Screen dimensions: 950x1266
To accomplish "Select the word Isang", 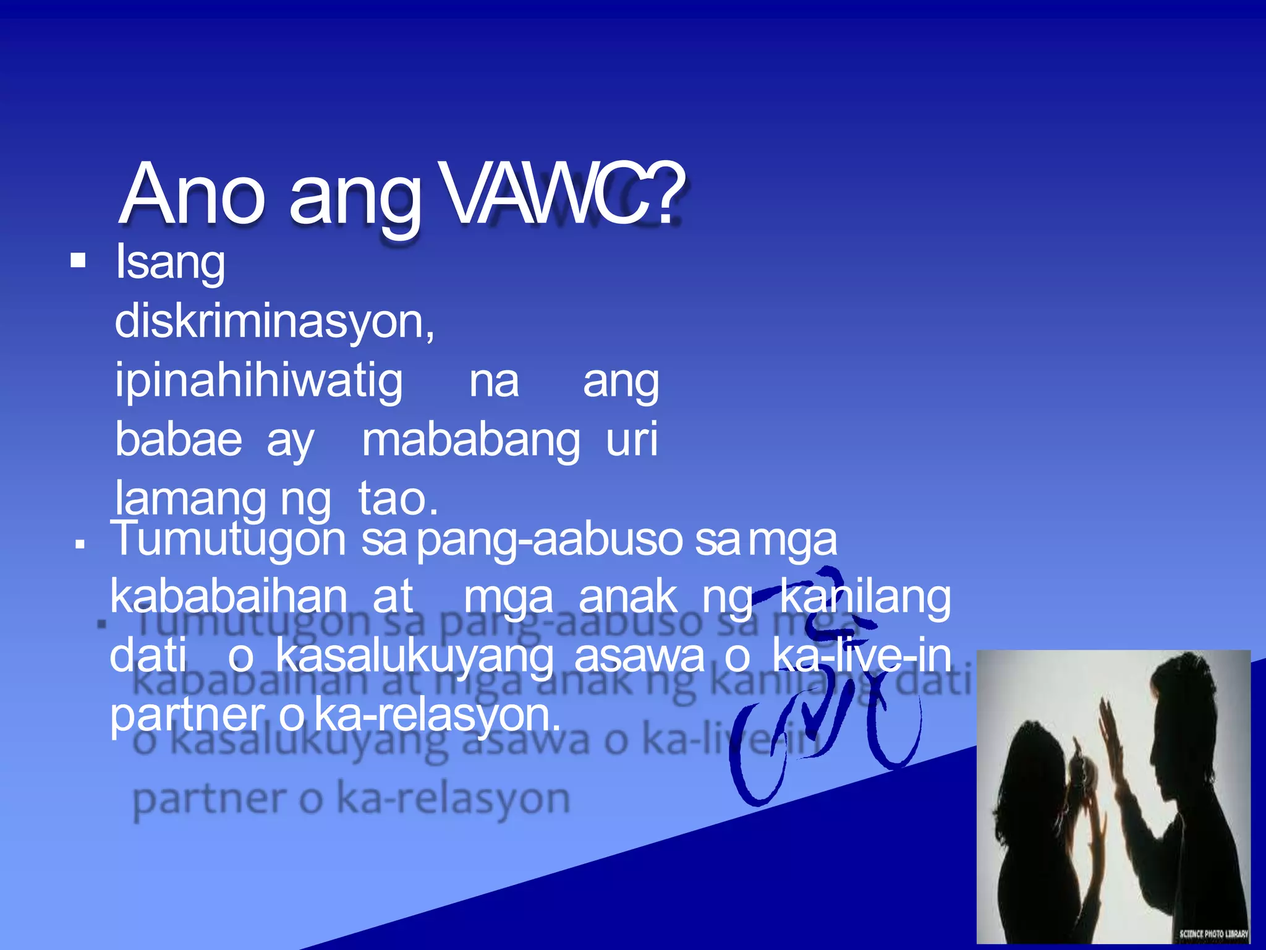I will click(x=170, y=263).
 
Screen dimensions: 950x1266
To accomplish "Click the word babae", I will click(x=179, y=440).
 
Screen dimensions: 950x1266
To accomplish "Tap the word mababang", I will click(x=470, y=441).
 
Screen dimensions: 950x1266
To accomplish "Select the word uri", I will click(x=631, y=440).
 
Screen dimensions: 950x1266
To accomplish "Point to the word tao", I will click(x=397, y=499).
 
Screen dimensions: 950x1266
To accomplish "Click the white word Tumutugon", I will click(x=227, y=539).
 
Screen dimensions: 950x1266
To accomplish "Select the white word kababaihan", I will click(x=229, y=597).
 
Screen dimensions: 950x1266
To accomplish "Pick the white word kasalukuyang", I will click(x=414, y=656).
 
